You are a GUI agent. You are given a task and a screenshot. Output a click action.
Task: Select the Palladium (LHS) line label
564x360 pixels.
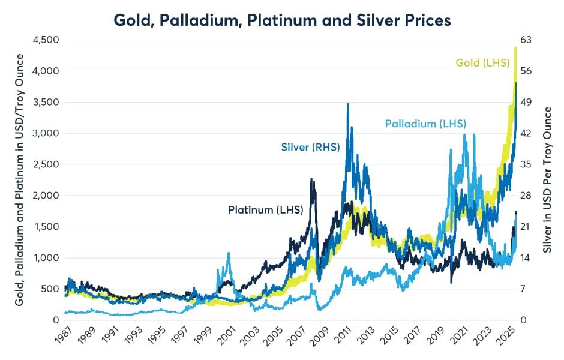pos(425,124)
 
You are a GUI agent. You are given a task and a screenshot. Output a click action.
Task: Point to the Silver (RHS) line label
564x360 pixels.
pos(310,147)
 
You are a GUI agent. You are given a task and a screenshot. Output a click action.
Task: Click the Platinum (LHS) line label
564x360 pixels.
pos(265,210)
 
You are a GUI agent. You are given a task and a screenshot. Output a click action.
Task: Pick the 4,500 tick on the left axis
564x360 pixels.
pos(43,40)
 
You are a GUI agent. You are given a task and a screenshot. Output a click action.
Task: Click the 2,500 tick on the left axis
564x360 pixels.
pos(43,164)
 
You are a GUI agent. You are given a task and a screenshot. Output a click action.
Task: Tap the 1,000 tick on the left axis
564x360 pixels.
pos(43,258)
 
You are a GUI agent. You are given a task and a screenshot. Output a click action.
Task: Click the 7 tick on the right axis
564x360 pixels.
pos(526,289)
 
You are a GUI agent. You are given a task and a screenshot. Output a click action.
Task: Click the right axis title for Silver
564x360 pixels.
pos(548,180)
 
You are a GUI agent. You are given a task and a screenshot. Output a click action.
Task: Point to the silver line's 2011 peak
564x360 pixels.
pos(348,104)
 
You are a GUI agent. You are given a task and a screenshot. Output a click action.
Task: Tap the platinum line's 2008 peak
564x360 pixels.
pos(311,179)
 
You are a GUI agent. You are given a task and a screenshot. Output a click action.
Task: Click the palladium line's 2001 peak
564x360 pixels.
pos(229,253)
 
